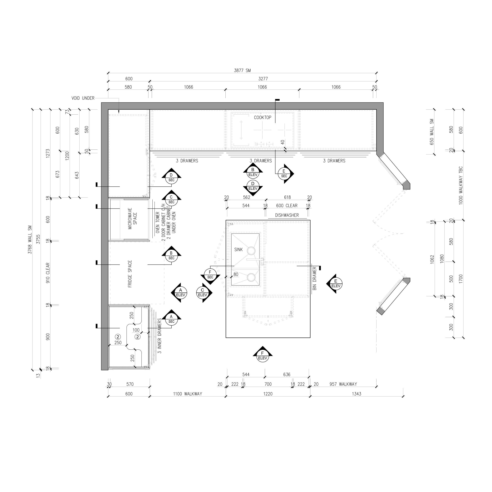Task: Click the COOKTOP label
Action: click(x=263, y=117)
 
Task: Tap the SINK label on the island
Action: click(x=238, y=250)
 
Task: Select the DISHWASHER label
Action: click(x=287, y=215)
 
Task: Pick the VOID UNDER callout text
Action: click(x=83, y=98)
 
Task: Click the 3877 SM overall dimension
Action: click(x=242, y=71)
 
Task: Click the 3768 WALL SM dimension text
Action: click(x=30, y=239)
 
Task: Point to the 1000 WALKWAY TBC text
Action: click(x=460, y=186)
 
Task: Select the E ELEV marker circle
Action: click(x=336, y=283)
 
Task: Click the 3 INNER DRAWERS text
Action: click(x=159, y=336)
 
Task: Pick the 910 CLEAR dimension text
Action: click(x=48, y=273)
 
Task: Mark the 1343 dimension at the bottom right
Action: click(x=357, y=394)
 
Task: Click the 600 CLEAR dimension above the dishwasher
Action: click(x=287, y=205)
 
